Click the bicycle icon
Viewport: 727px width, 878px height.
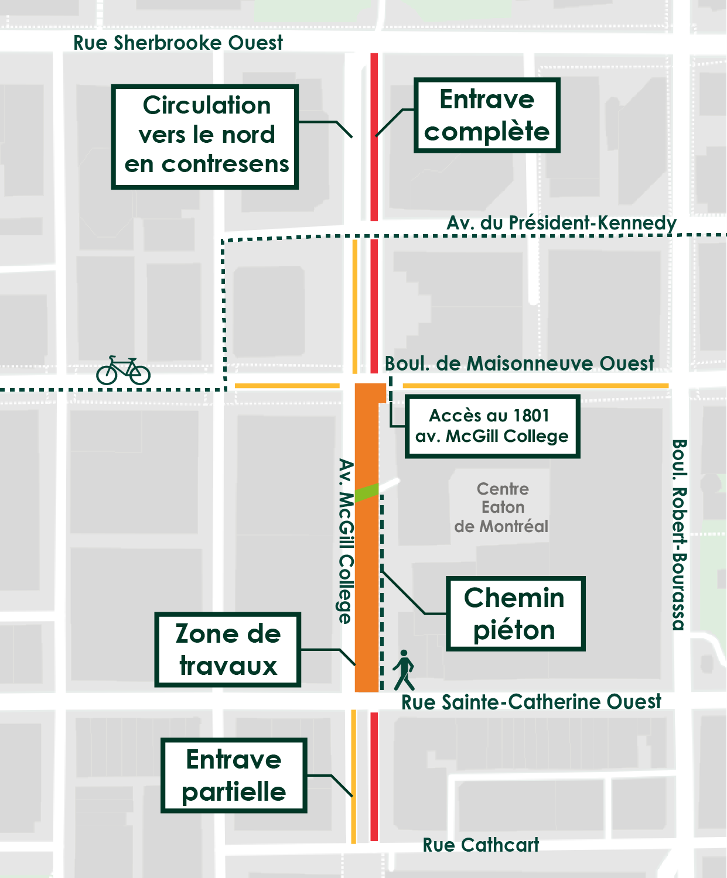[124, 371]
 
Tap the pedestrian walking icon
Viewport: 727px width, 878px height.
[404, 670]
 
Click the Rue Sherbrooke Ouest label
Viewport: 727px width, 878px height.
[178, 43]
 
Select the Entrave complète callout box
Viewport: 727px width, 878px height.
[487, 115]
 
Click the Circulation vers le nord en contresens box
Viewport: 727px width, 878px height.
[205, 136]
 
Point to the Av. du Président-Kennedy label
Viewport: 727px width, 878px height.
[561, 223]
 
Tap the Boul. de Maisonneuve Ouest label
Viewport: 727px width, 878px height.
[519, 363]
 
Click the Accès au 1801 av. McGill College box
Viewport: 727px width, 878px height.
[492, 426]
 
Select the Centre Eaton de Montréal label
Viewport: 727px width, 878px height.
[501, 507]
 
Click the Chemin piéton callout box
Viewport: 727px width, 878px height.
[515, 613]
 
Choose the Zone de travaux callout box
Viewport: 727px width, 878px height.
[228, 650]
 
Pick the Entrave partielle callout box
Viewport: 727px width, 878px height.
[234, 776]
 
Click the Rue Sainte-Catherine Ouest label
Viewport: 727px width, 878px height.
[531, 702]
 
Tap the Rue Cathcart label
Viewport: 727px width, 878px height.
[480, 845]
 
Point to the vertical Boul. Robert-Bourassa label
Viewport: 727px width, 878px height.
[678, 534]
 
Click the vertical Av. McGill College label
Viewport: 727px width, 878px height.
[346, 541]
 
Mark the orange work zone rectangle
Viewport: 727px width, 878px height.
[367, 585]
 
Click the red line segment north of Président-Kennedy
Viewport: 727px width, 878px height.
[374, 138]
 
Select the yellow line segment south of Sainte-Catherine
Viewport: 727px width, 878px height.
[353, 776]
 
